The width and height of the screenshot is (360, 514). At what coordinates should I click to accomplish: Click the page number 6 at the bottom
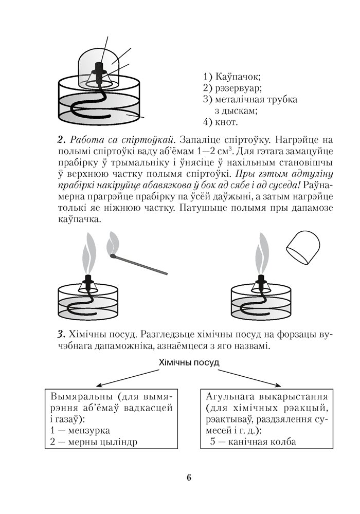[189, 478]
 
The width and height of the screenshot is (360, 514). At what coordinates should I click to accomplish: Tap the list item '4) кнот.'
[221, 122]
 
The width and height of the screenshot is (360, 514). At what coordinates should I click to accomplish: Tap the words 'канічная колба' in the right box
[262, 442]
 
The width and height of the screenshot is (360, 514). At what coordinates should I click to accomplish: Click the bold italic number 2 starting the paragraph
[60, 140]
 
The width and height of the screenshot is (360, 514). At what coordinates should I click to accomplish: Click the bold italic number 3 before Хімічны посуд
[60, 335]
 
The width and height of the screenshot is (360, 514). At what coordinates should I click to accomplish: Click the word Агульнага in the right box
[228, 397]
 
